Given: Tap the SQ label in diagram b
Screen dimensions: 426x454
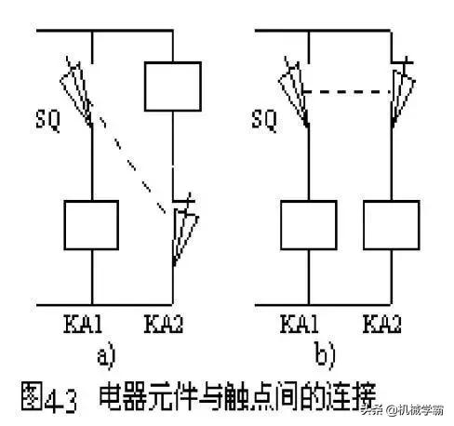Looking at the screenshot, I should pos(263,120).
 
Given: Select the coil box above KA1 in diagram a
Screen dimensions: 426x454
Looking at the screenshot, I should pos(90,224).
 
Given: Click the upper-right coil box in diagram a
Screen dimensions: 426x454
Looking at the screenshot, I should pos(172,87).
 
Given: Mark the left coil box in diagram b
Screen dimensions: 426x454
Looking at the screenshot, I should pos(308,224).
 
